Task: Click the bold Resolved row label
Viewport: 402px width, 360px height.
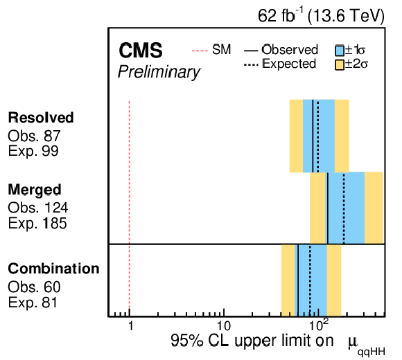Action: [41, 118]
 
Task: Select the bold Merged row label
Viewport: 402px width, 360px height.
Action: [35, 190]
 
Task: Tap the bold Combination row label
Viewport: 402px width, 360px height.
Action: [53, 269]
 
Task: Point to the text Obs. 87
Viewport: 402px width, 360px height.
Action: [34, 136]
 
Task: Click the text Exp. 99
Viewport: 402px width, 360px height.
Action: [33, 151]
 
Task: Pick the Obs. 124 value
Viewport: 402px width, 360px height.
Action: [38, 208]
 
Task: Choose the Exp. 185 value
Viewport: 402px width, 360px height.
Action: [37, 223]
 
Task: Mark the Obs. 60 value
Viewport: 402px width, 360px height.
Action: [34, 287]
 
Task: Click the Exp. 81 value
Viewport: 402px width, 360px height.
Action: [33, 303]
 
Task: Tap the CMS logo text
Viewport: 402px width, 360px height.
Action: [141, 51]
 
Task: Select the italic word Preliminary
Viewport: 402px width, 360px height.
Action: [159, 72]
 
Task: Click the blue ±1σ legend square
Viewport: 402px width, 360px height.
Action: [340, 51]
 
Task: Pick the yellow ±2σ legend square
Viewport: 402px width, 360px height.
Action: [340, 65]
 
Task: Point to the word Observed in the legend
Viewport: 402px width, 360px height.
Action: [290, 50]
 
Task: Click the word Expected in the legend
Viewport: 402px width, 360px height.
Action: [289, 64]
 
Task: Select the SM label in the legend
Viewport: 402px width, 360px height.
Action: [222, 49]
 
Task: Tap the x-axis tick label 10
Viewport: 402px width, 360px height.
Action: [224, 326]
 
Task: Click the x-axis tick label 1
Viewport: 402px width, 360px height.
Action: [131, 326]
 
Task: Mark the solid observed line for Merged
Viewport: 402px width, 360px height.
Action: [328, 208]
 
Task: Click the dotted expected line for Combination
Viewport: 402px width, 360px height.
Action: [310, 280]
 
